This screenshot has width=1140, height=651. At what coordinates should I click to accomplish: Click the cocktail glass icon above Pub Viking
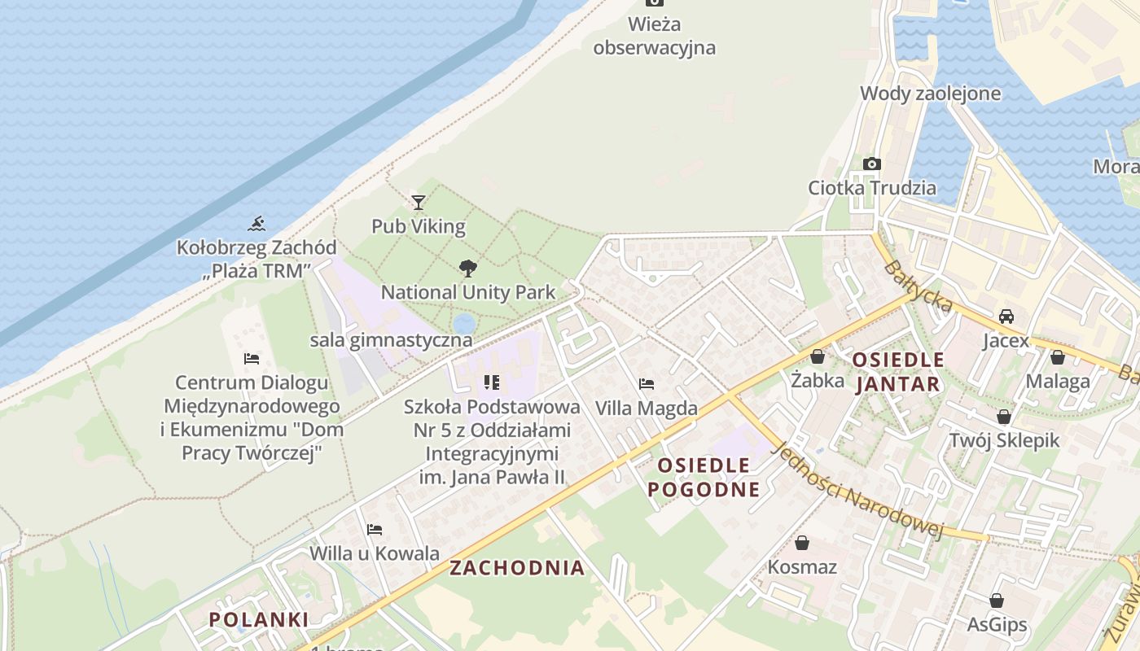419,202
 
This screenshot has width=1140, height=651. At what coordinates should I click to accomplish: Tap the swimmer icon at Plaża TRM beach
257,223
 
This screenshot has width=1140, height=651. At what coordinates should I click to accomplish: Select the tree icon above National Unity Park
467,268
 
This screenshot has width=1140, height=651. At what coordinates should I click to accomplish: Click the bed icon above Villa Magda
647,383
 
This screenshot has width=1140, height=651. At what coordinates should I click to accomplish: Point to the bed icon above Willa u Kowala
375,529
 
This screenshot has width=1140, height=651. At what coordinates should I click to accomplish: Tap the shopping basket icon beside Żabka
818,356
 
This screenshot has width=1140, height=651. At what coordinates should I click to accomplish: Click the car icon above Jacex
1006,316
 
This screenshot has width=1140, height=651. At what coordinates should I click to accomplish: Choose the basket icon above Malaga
1058,356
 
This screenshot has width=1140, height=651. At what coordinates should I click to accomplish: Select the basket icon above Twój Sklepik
1004,417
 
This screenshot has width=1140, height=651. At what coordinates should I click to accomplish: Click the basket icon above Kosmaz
802,542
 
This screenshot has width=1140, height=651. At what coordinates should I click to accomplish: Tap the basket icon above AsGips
997,601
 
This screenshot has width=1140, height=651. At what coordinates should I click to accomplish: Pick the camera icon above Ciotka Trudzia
872,164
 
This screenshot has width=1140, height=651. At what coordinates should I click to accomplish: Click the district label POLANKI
259,619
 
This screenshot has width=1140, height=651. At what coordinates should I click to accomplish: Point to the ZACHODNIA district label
517,568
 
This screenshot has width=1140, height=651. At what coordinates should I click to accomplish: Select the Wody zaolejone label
931,93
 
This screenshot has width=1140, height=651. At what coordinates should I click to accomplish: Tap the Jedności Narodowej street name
857,491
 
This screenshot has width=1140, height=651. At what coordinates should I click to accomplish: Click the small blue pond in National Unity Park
463,324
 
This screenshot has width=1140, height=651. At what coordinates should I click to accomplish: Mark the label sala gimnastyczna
391,340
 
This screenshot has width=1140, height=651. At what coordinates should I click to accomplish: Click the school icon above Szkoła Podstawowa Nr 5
491,382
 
